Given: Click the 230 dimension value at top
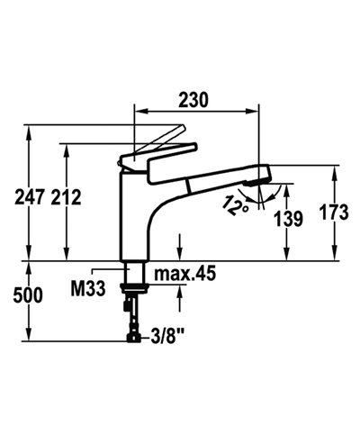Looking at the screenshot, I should (x=196, y=102).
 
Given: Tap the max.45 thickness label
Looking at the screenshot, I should (x=184, y=273).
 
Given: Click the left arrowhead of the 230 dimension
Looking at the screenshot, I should (x=138, y=114).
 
